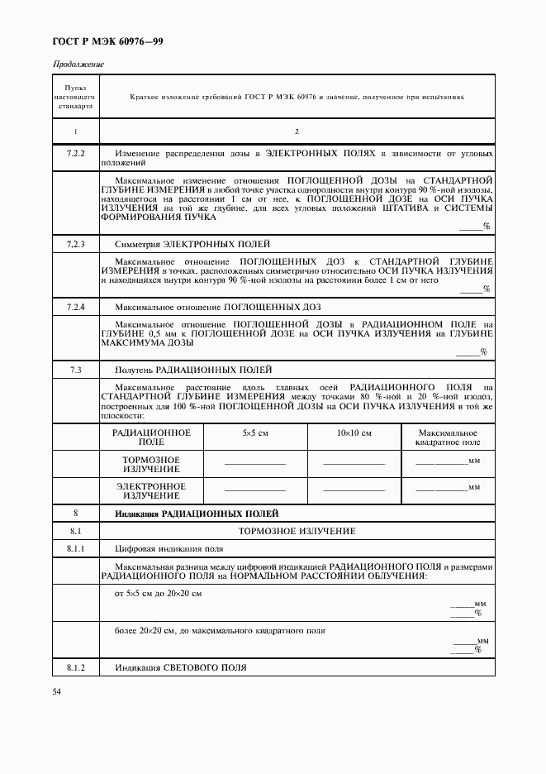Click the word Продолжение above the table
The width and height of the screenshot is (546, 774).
pos(78,64)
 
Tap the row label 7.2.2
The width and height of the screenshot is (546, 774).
pos(75,155)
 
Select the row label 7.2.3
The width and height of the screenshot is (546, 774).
pos(75,245)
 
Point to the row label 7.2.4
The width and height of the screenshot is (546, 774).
pos(75,307)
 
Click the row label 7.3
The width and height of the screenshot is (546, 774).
pos(75,369)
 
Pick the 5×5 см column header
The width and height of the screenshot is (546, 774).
pos(255,433)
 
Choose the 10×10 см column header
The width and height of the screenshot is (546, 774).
pos(354,433)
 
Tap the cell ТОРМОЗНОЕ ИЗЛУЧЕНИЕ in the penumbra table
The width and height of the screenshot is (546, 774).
pos(151,464)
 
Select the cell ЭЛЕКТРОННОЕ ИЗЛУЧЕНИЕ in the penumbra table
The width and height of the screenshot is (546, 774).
pos(151,491)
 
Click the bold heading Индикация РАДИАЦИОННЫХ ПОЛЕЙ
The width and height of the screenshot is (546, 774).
pos(197,514)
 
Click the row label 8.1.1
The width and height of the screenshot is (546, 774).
pos(75,547)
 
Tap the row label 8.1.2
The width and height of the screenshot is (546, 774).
pos(75,667)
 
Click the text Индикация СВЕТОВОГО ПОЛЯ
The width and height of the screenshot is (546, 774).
pos(181,667)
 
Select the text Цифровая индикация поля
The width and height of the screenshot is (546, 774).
pos(169,547)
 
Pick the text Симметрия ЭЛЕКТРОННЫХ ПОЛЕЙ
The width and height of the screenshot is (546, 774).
pos(192,245)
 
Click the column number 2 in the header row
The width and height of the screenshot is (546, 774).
pos(297,131)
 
